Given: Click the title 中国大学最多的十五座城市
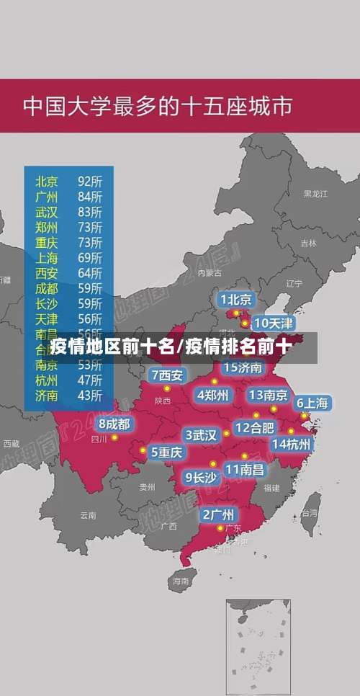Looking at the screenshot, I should tap(158, 107).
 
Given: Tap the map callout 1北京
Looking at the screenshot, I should tap(235, 299).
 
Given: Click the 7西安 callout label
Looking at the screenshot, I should tap(167, 375).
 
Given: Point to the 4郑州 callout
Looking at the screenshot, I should tap(212, 394).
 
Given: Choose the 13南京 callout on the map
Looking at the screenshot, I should tap(269, 394).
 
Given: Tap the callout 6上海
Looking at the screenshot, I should tap(312, 403).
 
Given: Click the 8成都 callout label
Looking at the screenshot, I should tap(114, 424).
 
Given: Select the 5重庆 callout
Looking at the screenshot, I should tap(166, 452).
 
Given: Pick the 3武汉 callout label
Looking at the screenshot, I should tap(201, 434).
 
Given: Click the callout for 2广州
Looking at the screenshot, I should tap(217, 514).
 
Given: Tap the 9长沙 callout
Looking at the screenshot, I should tap(201, 476).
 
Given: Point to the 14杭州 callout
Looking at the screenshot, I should tap(292, 444).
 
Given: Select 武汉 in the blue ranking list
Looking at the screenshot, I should tap(47, 211).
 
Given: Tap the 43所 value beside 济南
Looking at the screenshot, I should tap(90, 395).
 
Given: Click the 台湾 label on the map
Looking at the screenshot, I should tap(309, 514).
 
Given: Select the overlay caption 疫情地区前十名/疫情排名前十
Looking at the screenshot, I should tap(171, 347).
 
